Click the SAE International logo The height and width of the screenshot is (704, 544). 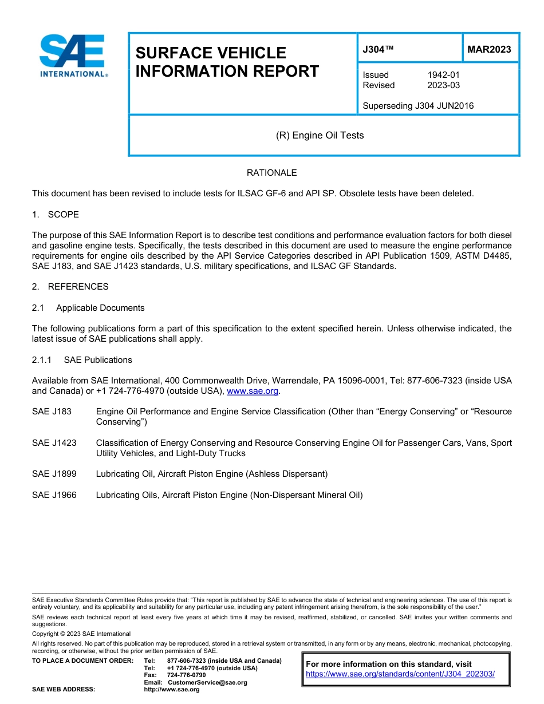pos(73,56)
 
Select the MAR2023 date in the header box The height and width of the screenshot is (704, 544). pos(489,50)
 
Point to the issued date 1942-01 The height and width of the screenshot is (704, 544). pos(443,75)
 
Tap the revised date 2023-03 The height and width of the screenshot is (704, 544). pos(443,85)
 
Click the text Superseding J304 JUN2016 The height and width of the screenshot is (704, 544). pos(418,106)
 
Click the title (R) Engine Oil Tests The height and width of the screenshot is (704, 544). pos(320,136)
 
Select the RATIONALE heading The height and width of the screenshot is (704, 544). pos(271,173)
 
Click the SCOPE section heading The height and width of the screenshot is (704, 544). pos(63,215)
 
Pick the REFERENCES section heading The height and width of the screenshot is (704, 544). pos(78,287)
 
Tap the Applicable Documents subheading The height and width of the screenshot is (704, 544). pos(100,308)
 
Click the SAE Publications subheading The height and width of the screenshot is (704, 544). pos(98,360)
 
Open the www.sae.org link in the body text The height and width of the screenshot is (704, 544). pos(253,391)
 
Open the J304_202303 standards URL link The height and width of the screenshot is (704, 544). pos(400,674)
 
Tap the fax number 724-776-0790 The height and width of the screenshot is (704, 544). pos(186,675)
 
